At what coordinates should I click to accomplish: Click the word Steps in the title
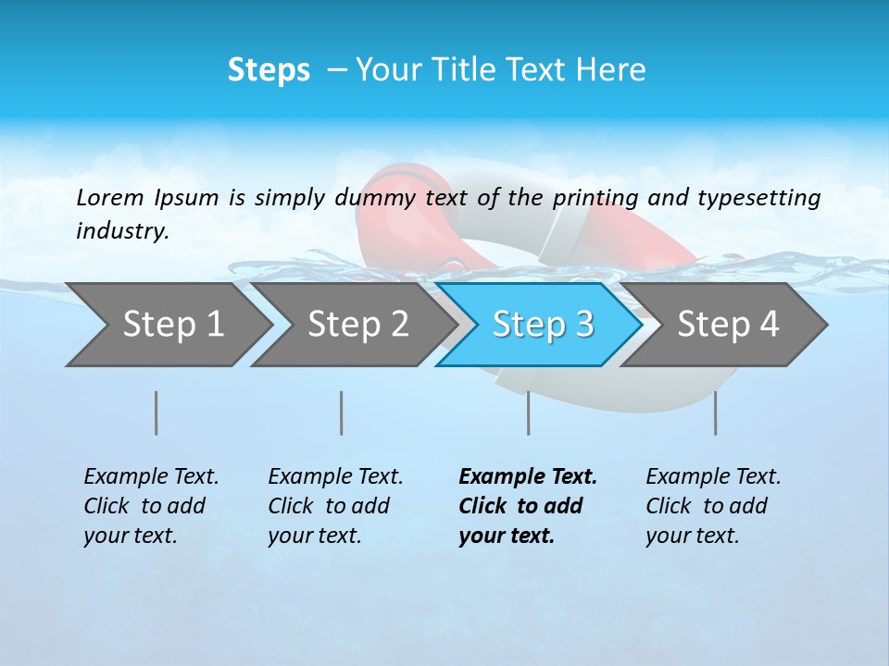point(269,70)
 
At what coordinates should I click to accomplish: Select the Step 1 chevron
point(172,325)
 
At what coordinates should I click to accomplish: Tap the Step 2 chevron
point(357,325)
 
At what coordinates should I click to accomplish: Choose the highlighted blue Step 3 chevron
point(543,325)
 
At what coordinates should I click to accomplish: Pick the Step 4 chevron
point(728,325)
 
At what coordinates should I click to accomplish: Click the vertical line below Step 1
point(157,413)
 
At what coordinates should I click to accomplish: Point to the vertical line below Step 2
point(342,413)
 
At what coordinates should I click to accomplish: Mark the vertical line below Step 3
point(529,413)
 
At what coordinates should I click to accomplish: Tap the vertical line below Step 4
point(716,413)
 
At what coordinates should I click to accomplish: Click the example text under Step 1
point(151,506)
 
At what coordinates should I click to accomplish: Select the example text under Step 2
point(335,506)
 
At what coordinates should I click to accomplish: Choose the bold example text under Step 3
point(528,506)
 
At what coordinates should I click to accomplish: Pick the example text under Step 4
point(713,506)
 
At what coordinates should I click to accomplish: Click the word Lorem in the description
point(109,197)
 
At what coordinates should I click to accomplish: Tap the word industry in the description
point(122,231)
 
